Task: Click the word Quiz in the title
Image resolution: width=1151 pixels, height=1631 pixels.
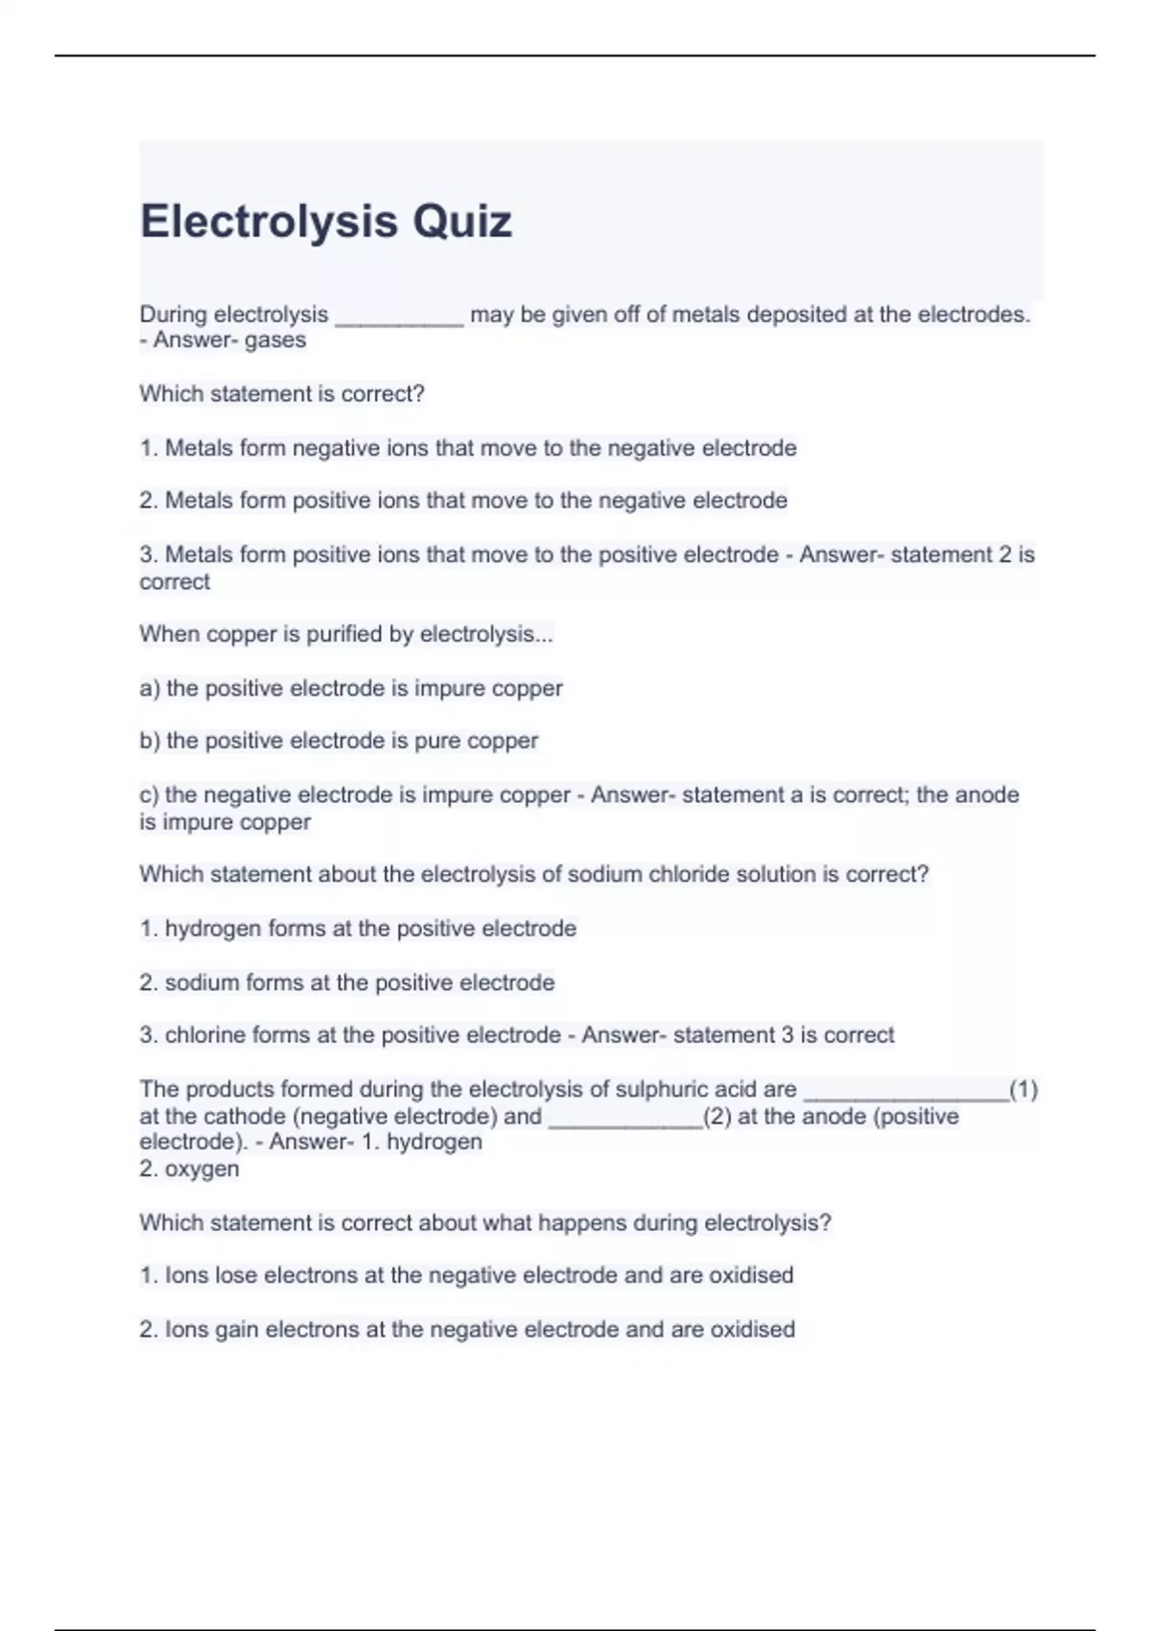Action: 462,222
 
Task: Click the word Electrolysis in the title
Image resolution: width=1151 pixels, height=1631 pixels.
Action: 270,222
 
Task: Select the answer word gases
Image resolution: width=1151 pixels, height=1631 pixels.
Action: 275,341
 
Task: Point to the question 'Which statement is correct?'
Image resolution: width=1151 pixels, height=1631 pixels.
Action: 282,394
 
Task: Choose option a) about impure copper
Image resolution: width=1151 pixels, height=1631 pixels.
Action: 351,688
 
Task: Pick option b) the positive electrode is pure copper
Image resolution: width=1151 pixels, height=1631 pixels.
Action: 339,741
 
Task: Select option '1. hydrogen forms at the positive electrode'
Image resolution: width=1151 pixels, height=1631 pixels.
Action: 358,929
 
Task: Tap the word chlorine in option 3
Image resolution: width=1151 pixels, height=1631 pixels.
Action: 203,1035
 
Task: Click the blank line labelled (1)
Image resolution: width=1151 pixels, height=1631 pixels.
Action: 905,1092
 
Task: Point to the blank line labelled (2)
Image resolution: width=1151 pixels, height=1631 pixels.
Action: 624,1119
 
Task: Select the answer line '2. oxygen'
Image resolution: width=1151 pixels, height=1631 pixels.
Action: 189,1170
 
